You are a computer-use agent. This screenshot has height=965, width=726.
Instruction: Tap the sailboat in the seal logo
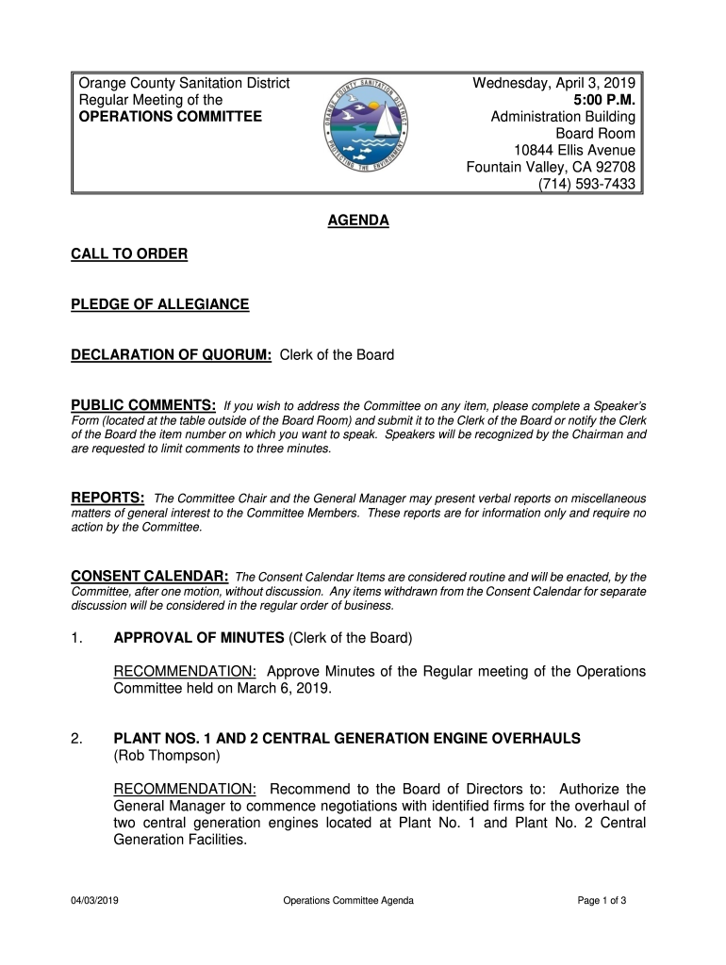(386, 122)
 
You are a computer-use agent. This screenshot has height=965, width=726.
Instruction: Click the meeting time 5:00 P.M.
(604, 100)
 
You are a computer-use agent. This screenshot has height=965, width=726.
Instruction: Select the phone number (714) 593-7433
(586, 185)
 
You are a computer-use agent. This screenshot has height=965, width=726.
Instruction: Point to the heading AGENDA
(357, 221)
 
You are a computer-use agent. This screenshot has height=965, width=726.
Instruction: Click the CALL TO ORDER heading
(129, 254)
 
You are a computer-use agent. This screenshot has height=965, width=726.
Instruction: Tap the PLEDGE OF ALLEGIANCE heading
(160, 304)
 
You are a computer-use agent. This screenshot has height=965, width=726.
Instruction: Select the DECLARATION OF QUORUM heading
(172, 355)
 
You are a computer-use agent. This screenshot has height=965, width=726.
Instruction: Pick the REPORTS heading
(108, 497)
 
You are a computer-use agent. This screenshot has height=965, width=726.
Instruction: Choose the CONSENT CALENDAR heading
(150, 576)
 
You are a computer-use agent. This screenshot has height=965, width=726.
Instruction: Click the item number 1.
(75, 638)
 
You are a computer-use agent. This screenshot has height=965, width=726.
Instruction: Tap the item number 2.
(75, 738)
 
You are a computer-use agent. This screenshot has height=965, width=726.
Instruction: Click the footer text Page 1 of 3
(602, 901)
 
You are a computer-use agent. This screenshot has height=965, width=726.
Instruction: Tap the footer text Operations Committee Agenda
(348, 901)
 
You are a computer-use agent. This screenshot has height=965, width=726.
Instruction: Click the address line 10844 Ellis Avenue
(574, 151)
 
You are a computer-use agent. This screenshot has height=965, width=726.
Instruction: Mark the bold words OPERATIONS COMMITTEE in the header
(170, 117)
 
